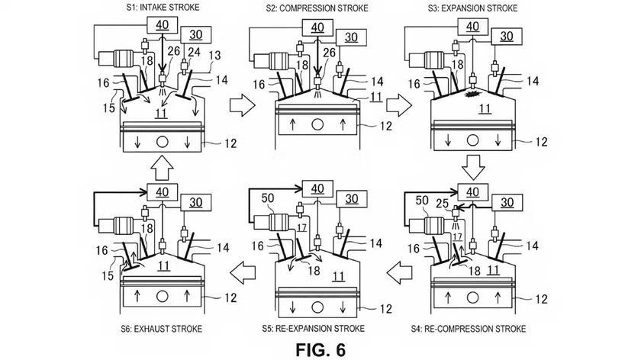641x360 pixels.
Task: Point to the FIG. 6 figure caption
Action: [320, 348]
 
